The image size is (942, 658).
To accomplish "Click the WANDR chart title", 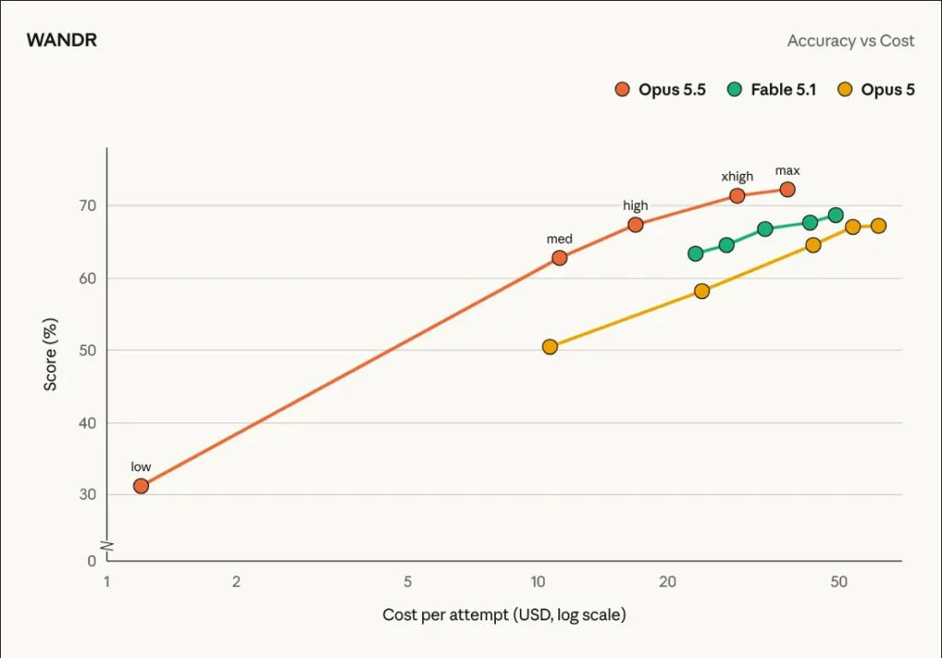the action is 62,40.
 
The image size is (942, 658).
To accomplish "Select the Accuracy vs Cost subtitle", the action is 851,40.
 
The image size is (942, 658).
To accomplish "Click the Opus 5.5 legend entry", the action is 661,89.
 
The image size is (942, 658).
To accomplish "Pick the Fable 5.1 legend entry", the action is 772,89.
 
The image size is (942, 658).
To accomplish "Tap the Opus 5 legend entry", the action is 876,89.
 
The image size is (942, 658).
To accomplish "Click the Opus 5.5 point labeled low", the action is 141,486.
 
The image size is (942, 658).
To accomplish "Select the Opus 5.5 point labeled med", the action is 559,258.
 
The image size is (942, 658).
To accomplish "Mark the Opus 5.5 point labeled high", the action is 636,225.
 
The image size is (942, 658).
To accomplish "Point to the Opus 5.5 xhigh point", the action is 737,196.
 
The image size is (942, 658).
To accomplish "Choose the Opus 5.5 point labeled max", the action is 787,190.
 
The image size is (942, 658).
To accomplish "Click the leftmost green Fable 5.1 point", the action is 695,254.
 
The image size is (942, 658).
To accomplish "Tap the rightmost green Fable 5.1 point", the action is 835,215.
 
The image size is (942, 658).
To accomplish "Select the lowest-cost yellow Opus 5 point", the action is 550,347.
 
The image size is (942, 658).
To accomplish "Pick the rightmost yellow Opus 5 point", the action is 879,226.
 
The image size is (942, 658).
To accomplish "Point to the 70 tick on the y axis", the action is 87,205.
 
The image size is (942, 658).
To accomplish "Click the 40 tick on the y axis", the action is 87,423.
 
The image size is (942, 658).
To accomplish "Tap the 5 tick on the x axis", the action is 408,582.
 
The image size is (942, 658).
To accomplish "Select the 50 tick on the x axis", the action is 839,582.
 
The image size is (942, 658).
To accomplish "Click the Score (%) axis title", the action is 51,354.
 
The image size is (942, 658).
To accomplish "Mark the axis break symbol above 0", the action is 107,547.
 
